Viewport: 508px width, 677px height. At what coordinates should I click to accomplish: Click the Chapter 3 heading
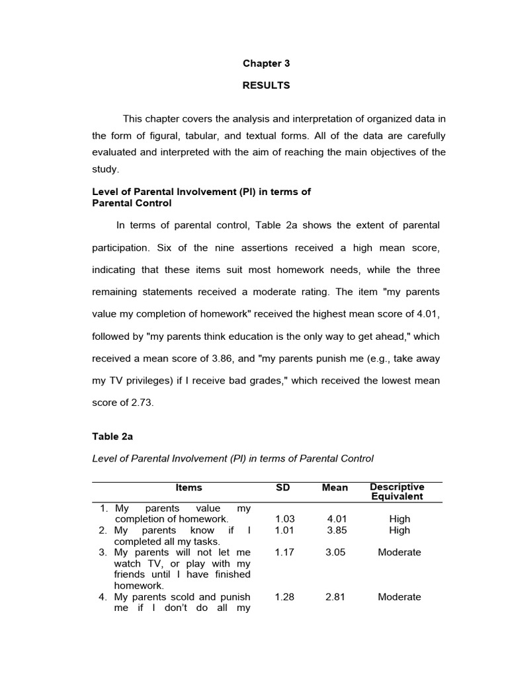click(266, 63)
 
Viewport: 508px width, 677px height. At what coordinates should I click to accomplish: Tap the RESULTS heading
click(266, 85)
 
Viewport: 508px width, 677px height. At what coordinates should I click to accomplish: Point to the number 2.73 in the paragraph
click(142, 403)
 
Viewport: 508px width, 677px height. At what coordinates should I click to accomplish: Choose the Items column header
click(189, 487)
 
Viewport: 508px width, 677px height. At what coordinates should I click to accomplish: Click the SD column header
click(282, 487)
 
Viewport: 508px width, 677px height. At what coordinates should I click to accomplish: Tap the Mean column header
click(335, 487)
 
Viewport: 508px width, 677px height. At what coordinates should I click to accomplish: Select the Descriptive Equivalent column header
click(397, 491)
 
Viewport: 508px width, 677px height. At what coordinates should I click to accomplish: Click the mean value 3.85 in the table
click(336, 530)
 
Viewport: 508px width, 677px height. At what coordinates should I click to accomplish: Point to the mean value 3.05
click(336, 552)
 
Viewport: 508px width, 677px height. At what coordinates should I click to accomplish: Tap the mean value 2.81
click(336, 597)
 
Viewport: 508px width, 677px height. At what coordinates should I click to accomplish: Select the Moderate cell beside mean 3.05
click(399, 552)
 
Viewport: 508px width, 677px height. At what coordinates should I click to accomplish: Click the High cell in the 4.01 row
click(400, 519)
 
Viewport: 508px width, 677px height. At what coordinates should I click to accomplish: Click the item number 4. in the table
click(103, 597)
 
